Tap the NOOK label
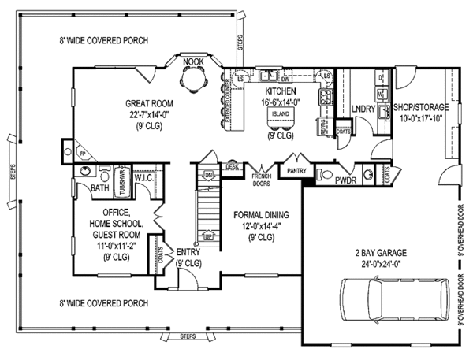191,61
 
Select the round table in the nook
192,80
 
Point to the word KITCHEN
280,91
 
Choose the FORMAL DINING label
261,214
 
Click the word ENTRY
188,252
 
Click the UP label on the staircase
208,236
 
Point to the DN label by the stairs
208,174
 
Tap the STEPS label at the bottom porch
188,337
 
